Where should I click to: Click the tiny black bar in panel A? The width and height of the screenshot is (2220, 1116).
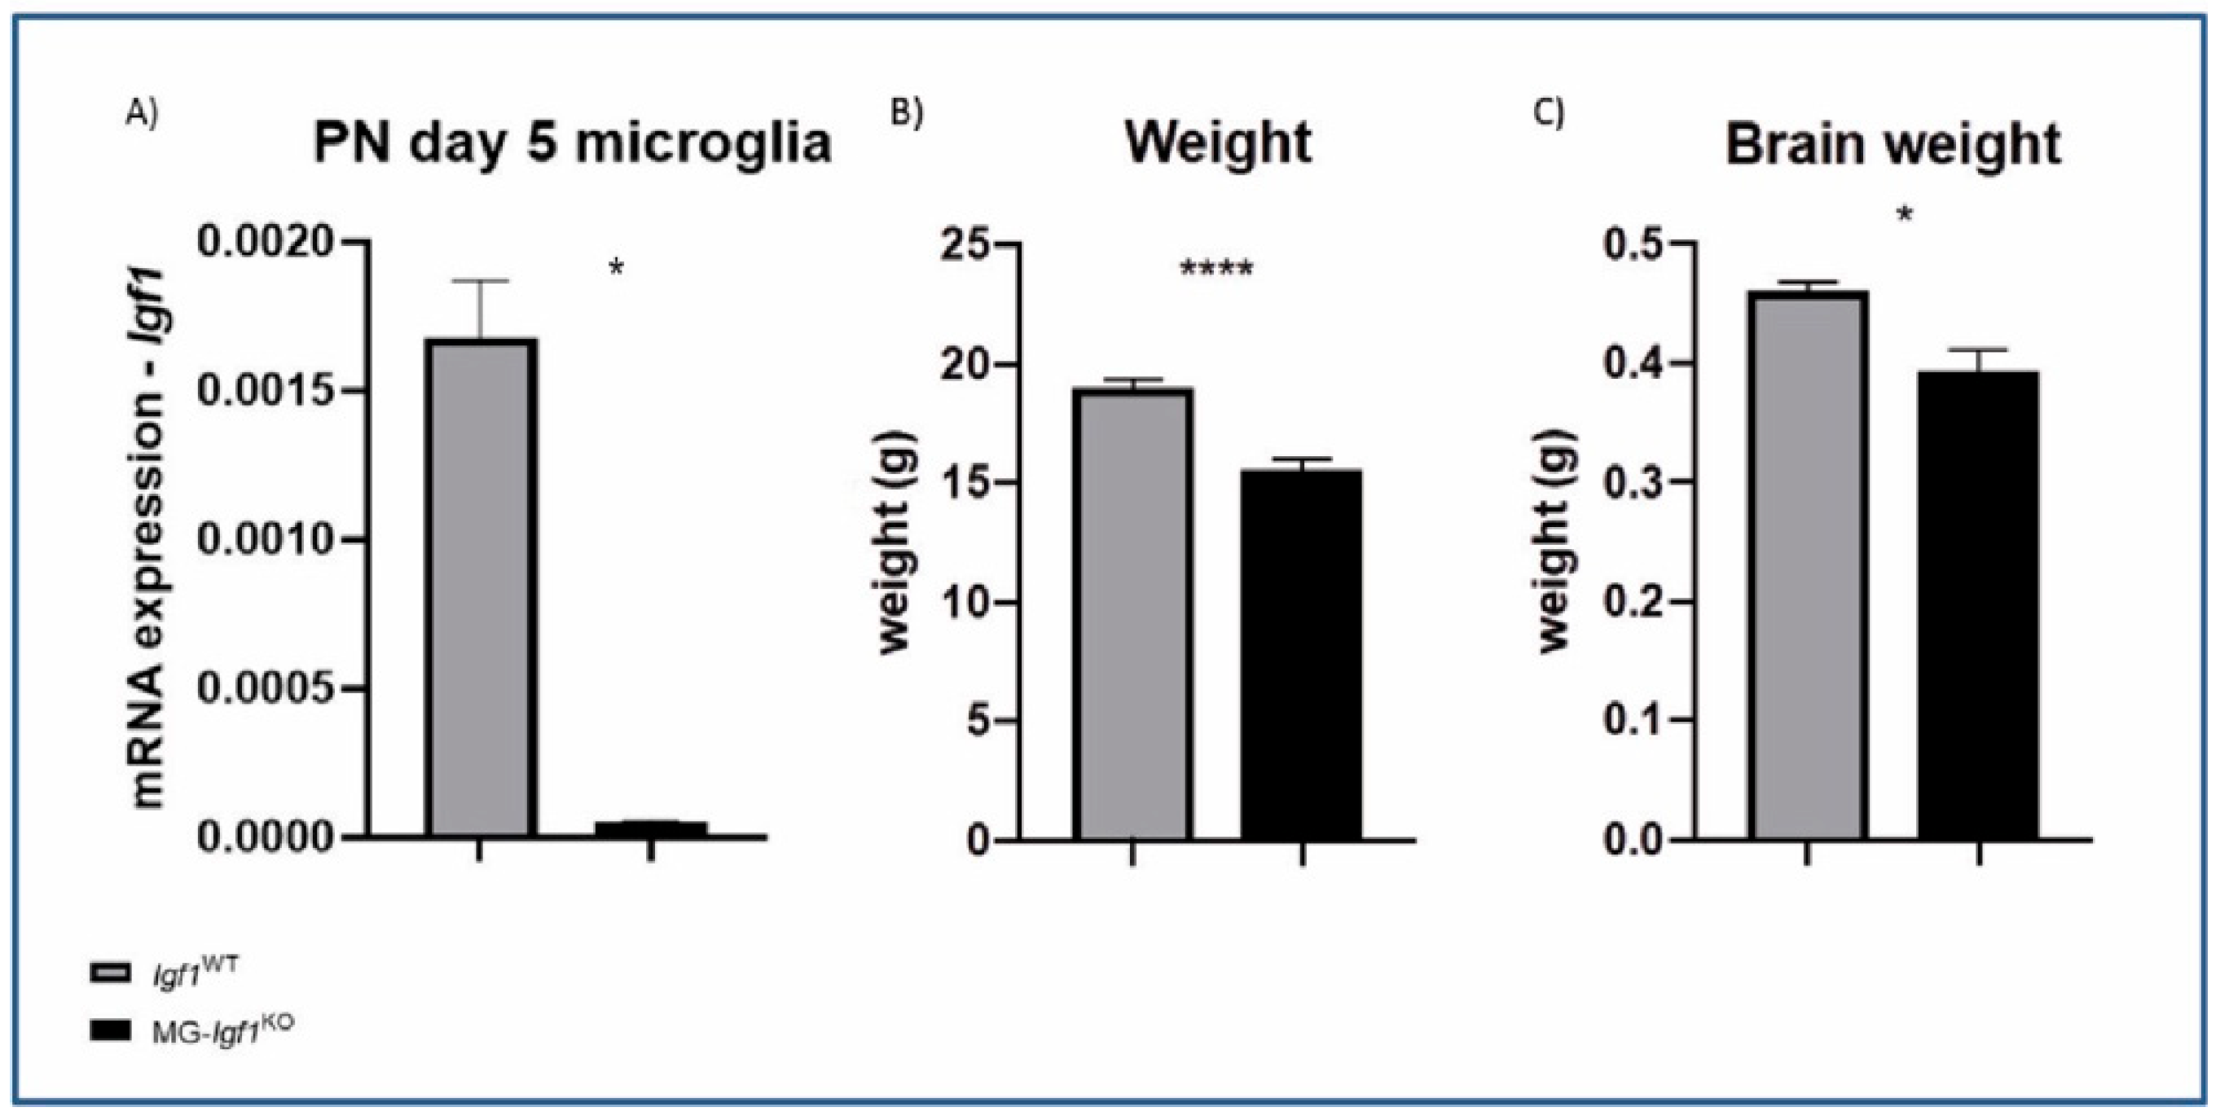tap(651, 829)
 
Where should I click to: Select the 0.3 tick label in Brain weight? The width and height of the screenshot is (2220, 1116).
tap(1636, 482)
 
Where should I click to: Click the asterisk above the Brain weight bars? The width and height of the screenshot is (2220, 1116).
tap(1905, 215)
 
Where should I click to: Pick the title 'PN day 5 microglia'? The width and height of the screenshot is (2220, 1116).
tap(572, 143)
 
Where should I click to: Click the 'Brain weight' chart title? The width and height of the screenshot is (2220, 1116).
tap(1892, 145)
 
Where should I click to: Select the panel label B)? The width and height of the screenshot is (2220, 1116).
tap(907, 114)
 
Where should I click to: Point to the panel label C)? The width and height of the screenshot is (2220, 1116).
tap(1549, 114)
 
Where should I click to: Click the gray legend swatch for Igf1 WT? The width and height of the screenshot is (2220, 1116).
tap(110, 973)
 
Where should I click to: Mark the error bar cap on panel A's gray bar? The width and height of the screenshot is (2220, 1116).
tap(480, 281)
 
